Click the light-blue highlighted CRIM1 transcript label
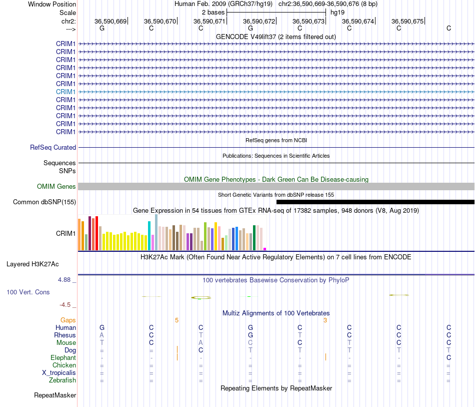tap(65, 92)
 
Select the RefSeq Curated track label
tap(53, 147)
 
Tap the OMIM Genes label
tap(56, 187)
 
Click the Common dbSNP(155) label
tap(44, 202)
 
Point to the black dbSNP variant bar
tap(375, 202)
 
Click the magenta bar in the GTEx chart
tap(265, 249)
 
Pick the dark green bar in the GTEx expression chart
tap(254, 238)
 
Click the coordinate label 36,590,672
tap(259, 21)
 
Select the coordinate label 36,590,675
tap(407, 21)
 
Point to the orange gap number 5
tap(176, 320)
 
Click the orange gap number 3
tap(325, 320)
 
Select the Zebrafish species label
tap(62, 380)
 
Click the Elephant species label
tap(63, 358)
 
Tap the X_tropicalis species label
tap(59, 373)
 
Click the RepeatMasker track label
tap(55, 395)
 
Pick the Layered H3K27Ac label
tap(32, 264)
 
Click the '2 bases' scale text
tap(213, 13)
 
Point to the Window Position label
tap(52, 4)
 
